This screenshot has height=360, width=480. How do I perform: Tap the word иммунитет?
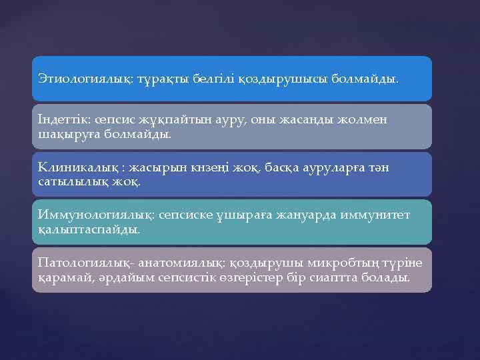tap(374, 215)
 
